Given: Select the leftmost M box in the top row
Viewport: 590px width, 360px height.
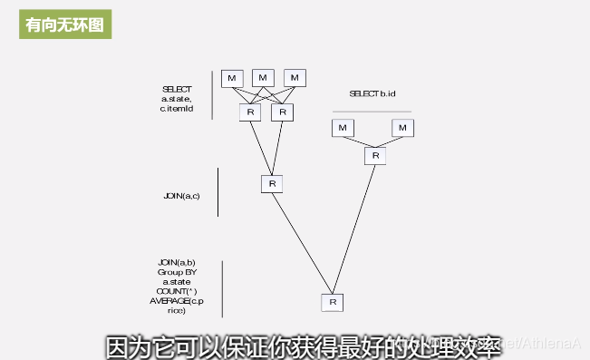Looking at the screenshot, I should point(232,78).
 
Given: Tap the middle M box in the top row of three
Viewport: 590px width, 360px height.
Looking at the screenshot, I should point(263,78).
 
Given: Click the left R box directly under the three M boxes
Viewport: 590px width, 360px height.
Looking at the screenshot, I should point(250,112).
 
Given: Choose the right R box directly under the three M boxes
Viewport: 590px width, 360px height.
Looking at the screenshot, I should point(283,112).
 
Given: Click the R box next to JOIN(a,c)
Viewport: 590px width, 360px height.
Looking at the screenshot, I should point(272,183).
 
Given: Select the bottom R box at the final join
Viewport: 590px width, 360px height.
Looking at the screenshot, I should point(333,302).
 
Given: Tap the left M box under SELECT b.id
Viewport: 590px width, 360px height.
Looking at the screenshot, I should point(343,128).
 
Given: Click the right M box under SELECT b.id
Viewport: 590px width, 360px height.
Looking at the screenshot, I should point(403,128).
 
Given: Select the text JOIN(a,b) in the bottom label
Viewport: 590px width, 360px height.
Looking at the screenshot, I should point(176,262).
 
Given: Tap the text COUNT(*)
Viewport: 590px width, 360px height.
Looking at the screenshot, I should point(176,291).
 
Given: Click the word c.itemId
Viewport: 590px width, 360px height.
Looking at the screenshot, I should point(178,108).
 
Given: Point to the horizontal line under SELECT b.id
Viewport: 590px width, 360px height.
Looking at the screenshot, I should point(372,112).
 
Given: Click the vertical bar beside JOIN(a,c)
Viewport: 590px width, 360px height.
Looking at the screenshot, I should point(218,191).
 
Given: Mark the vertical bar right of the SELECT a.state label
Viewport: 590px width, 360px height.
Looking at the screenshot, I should point(212,95).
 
